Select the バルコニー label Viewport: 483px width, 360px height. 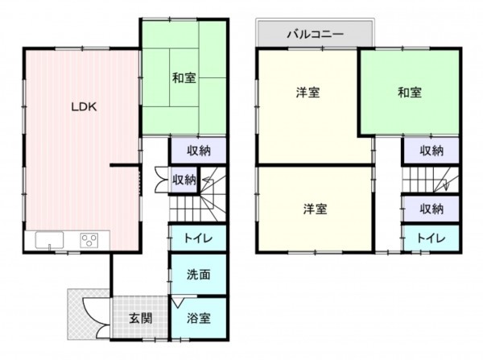coord(316,35)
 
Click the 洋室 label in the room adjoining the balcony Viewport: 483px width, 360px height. coord(306,93)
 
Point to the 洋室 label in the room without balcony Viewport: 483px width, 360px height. coord(315,209)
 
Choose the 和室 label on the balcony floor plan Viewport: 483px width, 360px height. coord(409,93)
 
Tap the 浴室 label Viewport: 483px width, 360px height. coord(199,317)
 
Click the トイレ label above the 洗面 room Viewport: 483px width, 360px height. coord(197,238)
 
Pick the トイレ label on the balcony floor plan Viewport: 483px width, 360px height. coord(431,238)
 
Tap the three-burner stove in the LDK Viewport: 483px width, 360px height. coord(89,239)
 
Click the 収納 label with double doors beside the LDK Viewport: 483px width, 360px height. coord(184,180)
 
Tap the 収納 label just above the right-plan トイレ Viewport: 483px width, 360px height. coord(431,209)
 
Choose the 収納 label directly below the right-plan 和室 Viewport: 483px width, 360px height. coord(431,151)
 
